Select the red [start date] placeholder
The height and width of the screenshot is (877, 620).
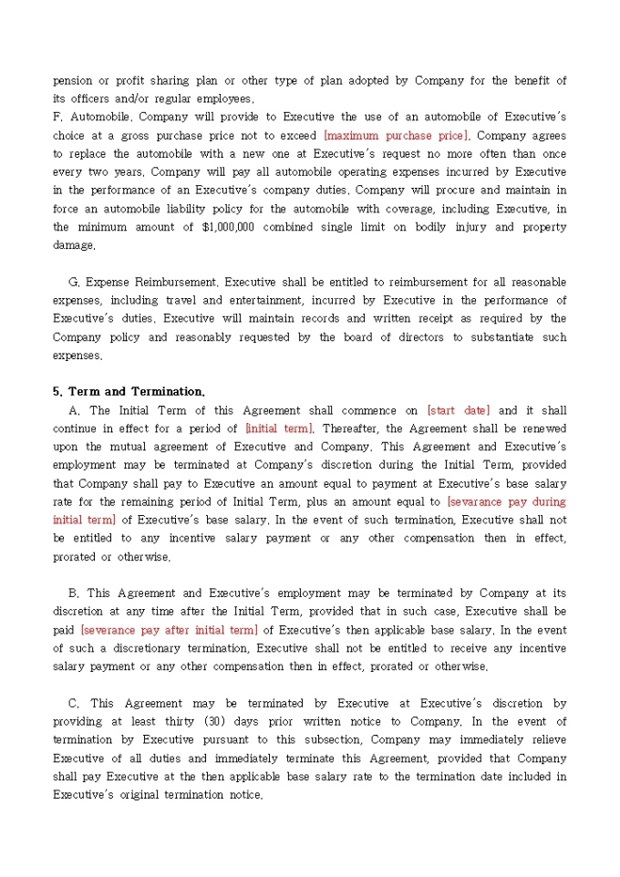pos(458,410)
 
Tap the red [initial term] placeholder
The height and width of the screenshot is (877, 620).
pos(279,428)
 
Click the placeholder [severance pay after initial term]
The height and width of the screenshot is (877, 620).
pos(169,630)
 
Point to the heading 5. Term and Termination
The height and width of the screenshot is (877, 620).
pos(129,392)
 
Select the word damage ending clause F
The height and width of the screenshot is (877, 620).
pos(73,245)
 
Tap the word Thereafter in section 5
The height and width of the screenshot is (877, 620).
pos(351,428)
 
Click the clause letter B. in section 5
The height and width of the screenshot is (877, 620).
pos(74,593)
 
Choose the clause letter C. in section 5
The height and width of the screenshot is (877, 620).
pos(74,703)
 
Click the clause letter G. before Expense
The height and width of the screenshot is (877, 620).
pos(74,282)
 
